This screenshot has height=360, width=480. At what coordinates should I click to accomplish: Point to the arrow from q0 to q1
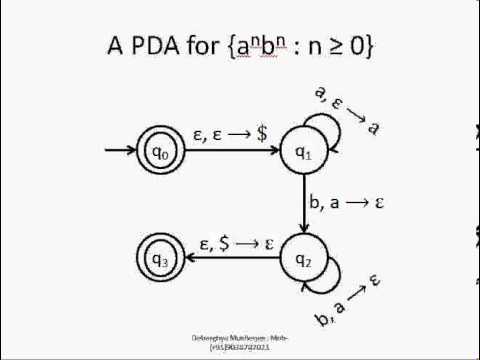pos(230,152)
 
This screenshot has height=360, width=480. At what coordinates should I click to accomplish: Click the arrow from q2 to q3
pos(230,262)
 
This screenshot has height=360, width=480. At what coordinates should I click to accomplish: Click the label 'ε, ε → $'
pos(229,134)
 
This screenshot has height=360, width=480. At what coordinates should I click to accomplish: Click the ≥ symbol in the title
pos(338,47)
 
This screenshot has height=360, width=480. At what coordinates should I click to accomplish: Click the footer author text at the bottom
pos(240,341)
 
